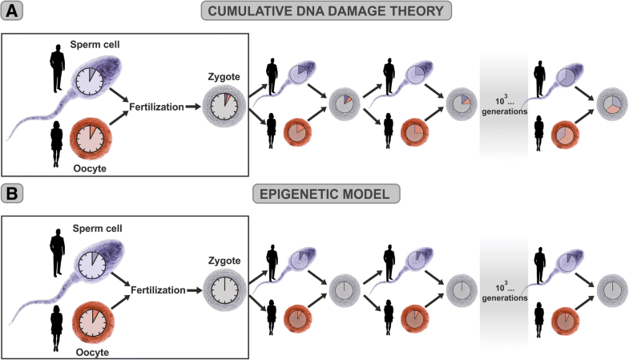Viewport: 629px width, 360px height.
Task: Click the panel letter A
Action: tap(13, 13)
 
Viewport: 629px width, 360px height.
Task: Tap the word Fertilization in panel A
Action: tap(155, 106)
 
